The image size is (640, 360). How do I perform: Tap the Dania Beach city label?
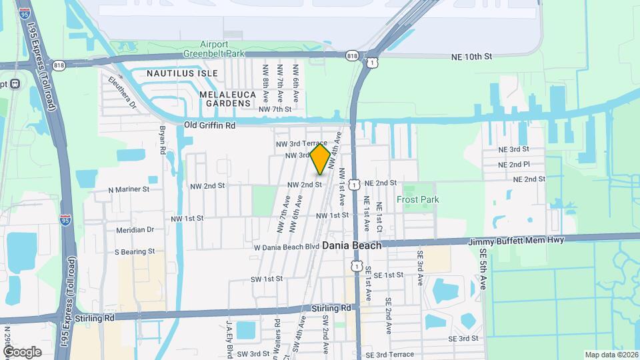point(352,245)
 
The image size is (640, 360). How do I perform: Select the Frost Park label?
point(418,199)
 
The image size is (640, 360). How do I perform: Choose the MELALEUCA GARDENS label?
point(227,99)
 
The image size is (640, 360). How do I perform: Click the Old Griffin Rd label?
point(210,125)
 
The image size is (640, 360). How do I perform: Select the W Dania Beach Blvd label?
point(287,247)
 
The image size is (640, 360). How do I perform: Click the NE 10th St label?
point(471,57)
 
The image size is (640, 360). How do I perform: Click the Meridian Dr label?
point(134,229)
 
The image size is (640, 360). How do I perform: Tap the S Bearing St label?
point(135,252)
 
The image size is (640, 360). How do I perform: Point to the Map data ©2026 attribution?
point(611,355)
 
